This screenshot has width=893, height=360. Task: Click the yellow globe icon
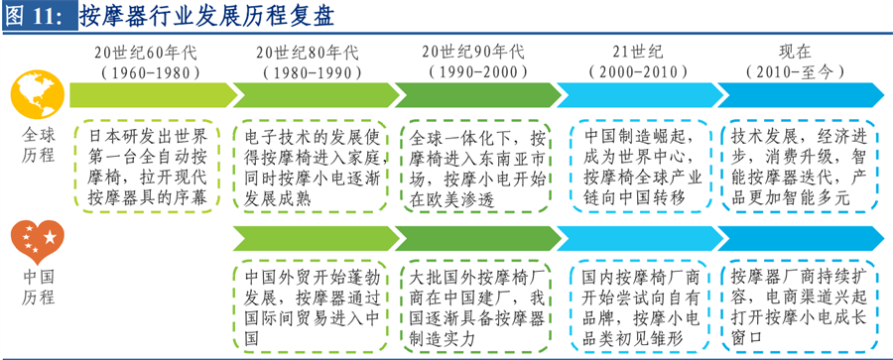pos(36,94)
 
